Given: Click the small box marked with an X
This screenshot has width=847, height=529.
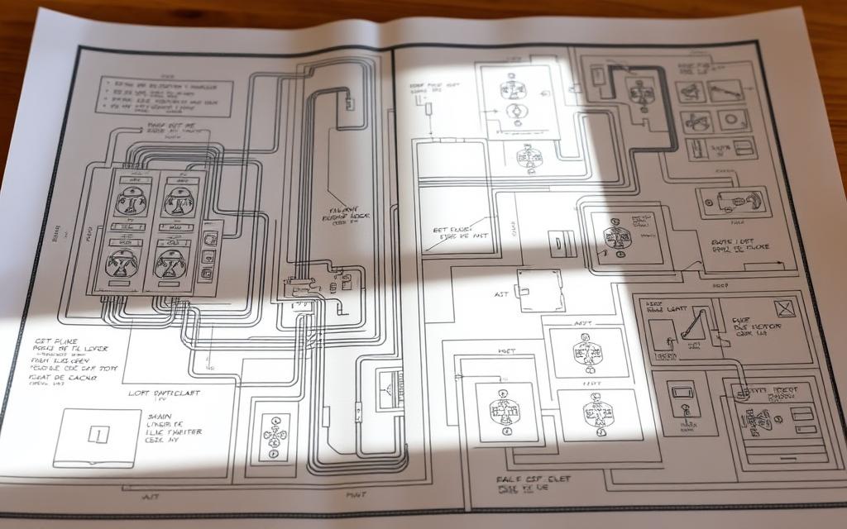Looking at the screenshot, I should click(x=783, y=308).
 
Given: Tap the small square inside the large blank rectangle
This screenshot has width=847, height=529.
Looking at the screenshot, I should click(x=97, y=433).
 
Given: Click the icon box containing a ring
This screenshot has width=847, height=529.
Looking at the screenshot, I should click(x=732, y=120).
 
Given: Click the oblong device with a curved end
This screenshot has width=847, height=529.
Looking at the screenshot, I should click(x=730, y=201).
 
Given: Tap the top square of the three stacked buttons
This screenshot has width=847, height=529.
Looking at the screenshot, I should click(x=207, y=236).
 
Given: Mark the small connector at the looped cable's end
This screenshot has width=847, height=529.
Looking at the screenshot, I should click(x=350, y=103).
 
